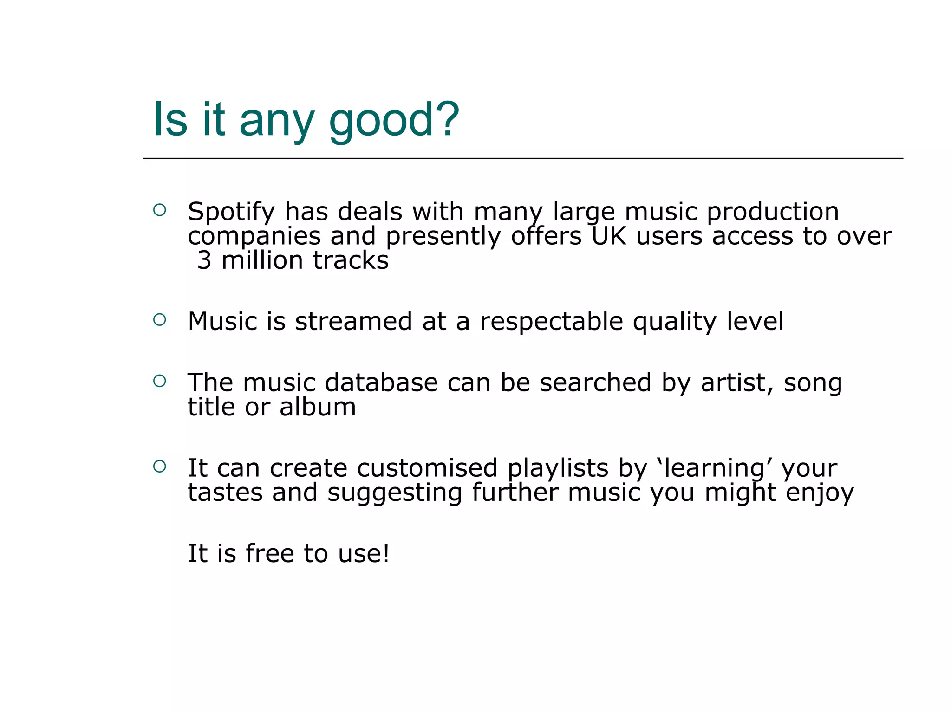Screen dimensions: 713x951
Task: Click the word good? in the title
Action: (x=394, y=122)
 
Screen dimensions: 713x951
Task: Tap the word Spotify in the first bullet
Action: (x=231, y=213)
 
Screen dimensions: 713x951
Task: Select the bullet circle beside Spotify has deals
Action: (x=159, y=210)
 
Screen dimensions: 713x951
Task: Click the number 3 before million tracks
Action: (x=204, y=260)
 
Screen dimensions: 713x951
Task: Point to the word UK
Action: (x=609, y=236)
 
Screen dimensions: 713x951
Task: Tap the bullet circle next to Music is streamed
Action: (x=159, y=319)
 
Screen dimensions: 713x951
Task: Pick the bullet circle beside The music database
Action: (x=159, y=381)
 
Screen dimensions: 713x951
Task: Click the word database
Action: (x=381, y=383)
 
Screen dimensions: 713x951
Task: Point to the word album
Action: (x=318, y=407)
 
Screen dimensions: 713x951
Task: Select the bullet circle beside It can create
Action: (x=159, y=467)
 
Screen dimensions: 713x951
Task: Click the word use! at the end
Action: (x=364, y=554)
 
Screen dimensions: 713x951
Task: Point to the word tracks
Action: (x=351, y=260)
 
